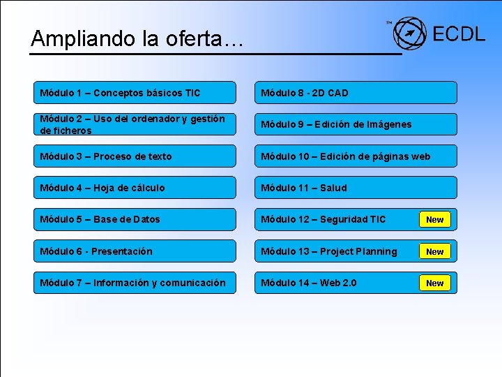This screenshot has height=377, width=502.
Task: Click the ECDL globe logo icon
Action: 409,33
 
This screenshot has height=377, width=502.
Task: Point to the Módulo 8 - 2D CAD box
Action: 356,93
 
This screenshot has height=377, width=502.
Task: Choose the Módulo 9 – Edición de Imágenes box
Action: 356,124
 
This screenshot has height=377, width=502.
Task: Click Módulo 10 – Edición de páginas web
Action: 356,156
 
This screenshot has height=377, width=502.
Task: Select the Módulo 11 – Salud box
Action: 356,188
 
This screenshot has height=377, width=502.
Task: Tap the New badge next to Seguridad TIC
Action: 434,220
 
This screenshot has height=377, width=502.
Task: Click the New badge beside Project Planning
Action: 434,251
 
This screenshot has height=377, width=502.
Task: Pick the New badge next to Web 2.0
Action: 434,283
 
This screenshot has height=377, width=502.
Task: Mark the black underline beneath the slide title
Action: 216,53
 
